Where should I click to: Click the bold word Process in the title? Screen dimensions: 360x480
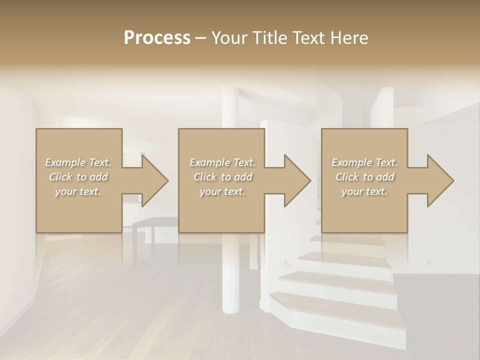click(x=157, y=38)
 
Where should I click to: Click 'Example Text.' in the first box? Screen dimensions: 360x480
click(x=78, y=162)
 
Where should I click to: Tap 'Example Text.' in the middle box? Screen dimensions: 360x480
click(x=222, y=162)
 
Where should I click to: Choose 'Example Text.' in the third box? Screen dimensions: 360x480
click(x=364, y=162)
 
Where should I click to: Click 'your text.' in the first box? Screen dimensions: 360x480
click(x=78, y=191)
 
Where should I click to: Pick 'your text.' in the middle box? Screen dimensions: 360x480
click(x=222, y=191)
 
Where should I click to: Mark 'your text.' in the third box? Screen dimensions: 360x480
click(x=364, y=191)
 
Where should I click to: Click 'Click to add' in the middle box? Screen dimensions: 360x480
click(x=222, y=177)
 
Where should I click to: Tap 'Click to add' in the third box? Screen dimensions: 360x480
click(x=364, y=177)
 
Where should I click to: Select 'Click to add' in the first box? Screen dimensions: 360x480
click(x=78, y=177)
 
